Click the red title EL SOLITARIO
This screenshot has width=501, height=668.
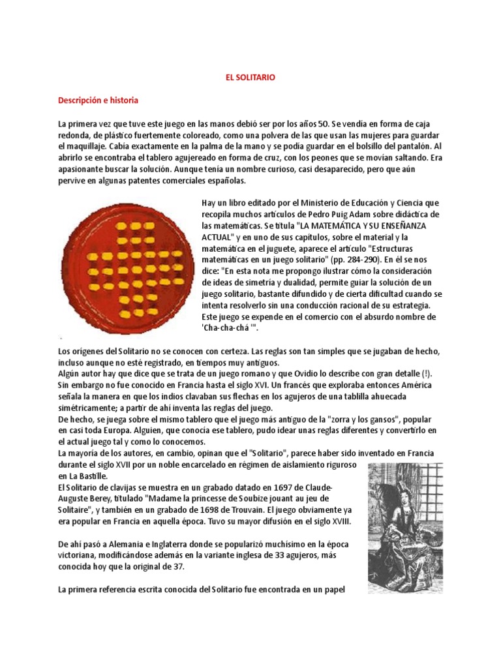[250, 78]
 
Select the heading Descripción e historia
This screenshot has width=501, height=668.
[98, 101]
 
